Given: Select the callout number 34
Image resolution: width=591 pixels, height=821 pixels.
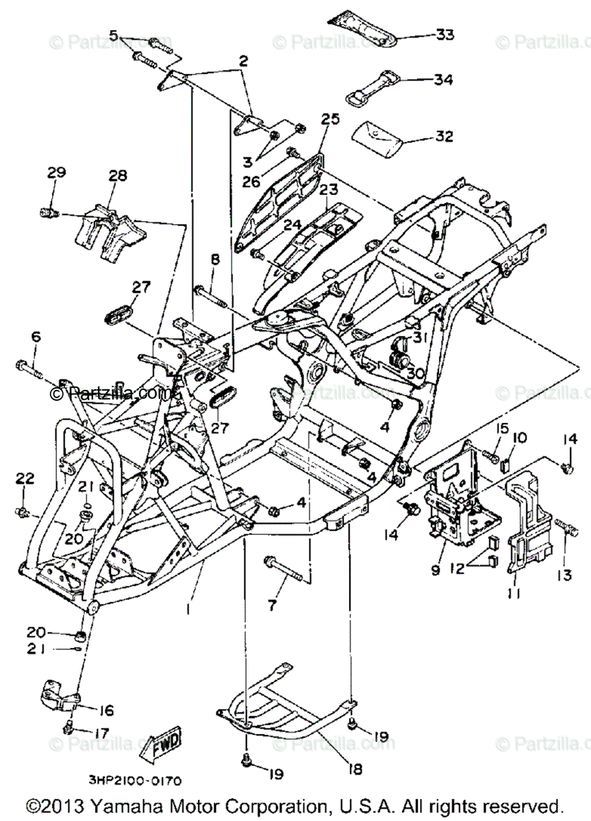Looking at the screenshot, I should [x=443, y=80].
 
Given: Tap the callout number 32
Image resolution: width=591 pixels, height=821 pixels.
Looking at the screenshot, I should [x=444, y=136].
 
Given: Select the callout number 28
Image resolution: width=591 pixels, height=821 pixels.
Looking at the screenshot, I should [x=117, y=176].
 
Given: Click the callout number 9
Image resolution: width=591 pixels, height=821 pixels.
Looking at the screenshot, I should [x=436, y=569].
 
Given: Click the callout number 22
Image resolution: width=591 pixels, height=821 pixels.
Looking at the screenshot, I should [x=25, y=478].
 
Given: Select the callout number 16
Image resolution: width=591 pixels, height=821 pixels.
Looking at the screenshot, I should [x=107, y=710].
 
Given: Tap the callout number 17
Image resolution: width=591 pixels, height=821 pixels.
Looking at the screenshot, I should [x=101, y=733].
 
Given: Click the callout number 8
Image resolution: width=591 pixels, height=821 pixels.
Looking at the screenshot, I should [x=215, y=259].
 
